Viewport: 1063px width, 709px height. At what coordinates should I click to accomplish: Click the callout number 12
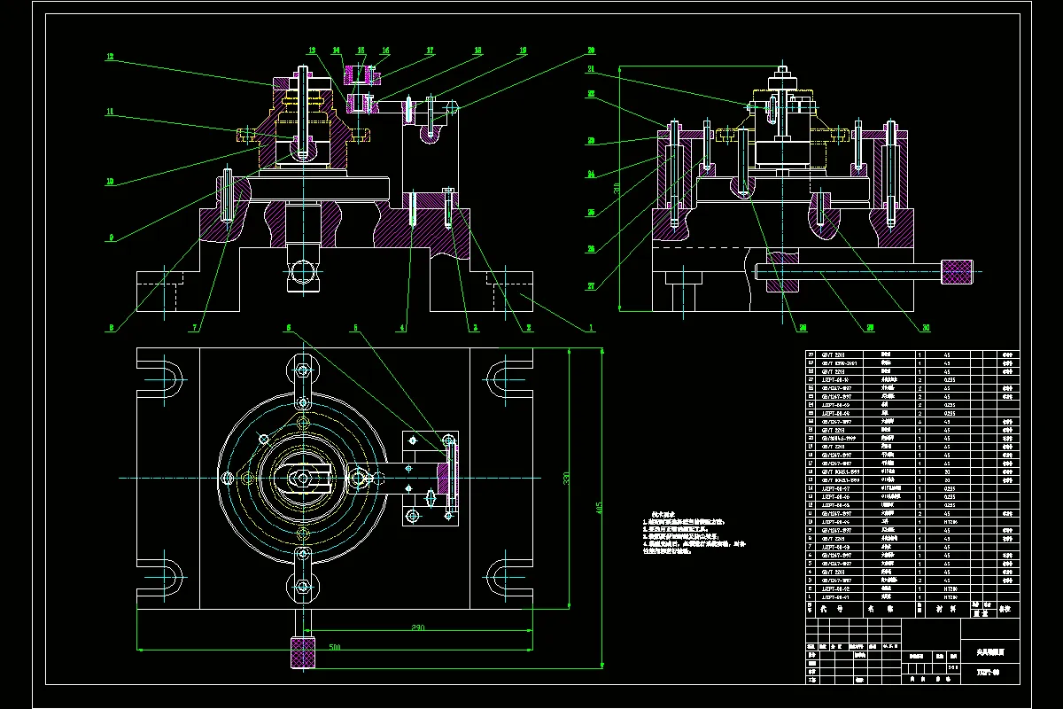click(x=110, y=57)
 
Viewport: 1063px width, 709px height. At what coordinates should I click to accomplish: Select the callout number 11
click(x=110, y=112)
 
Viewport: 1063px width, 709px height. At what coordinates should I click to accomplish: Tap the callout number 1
click(x=591, y=328)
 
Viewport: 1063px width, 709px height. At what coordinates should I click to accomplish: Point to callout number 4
click(x=402, y=328)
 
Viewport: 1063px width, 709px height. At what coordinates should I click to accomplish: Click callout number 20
click(x=591, y=51)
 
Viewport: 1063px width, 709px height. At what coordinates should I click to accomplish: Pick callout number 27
click(x=591, y=286)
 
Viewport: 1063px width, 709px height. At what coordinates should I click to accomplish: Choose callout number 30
click(x=926, y=328)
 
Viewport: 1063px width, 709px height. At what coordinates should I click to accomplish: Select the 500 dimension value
click(x=335, y=648)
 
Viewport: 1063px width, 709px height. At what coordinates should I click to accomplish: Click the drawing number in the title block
click(x=988, y=672)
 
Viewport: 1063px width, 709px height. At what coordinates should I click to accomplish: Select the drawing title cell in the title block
click(x=988, y=651)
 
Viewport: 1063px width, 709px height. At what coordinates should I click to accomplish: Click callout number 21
click(x=591, y=68)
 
